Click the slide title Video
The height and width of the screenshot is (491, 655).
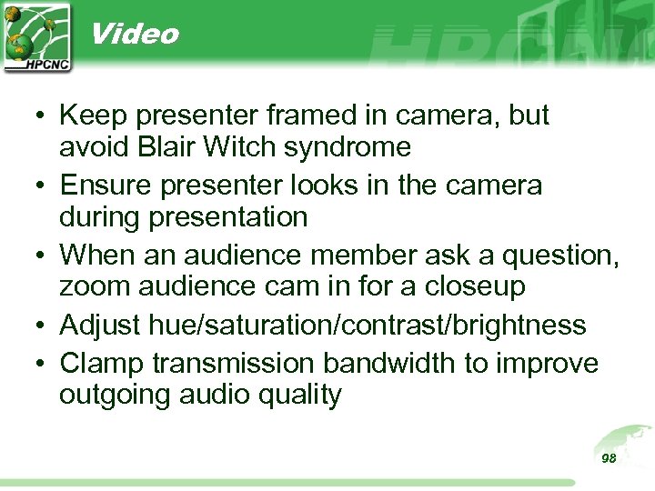[x=135, y=35]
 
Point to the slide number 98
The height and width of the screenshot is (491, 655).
[x=609, y=458]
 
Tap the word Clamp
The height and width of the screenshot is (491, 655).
[x=102, y=364]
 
